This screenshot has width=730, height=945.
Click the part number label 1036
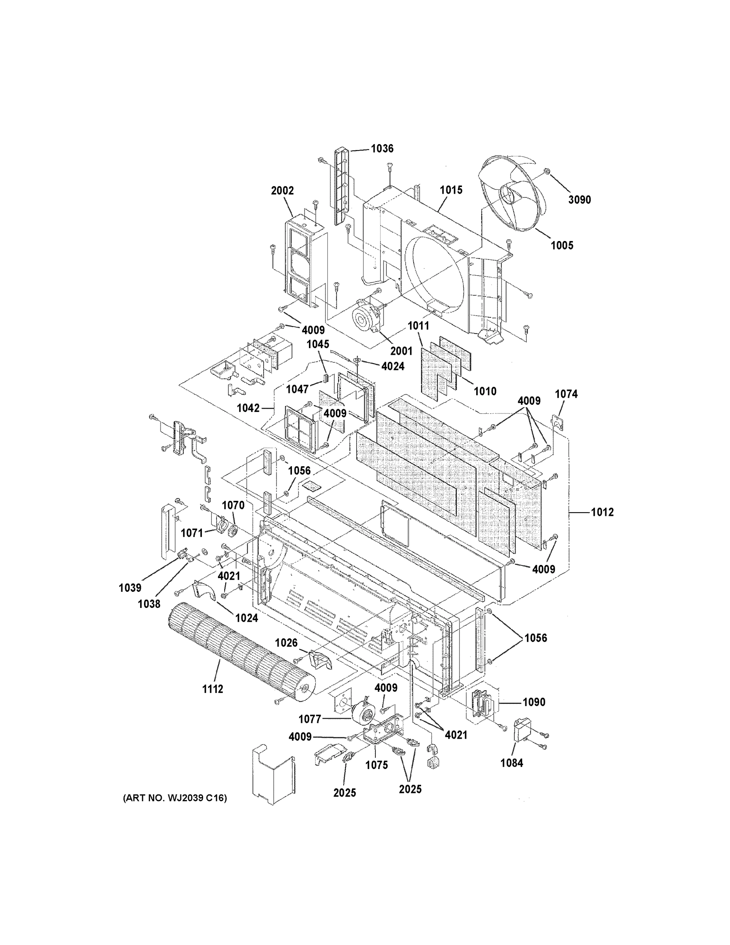pyautogui.click(x=382, y=149)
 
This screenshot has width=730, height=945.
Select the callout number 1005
pyautogui.click(x=562, y=245)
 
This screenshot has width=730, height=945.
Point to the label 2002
pyautogui.click(x=282, y=191)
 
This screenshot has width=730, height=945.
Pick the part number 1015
pyautogui.click(x=451, y=190)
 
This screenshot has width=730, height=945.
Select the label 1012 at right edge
pyautogui.click(x=602, y=512)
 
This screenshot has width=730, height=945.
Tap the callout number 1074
pyautogui.click(x=566, y=394)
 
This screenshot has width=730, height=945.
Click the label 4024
pyautogui.click(x=393, y=367)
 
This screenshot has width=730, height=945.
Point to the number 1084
pyautogui.click(x=512, y=763)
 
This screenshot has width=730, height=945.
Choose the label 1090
pyautogui.click(x=534, y=702)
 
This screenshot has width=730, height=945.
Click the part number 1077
pyautogui.click(x=310, y=719)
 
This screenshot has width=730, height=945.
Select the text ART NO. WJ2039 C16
pyautogui.click(x=175, y=798)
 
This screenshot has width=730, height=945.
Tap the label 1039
pyautogui.click(x=130, y=587)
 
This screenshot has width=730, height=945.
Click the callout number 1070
pyautogui.click(x=233, y=505)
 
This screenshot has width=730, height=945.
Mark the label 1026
pyautogui.click(x=286, y=643)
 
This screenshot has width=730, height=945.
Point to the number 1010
pyautogui.click(x=485, y=391)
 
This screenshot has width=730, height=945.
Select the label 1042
pyautogui.click(x=248, y=408)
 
